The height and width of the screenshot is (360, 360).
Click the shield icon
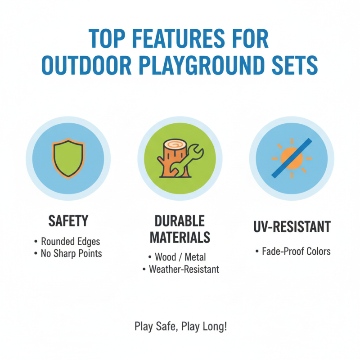click(x=68, y=159)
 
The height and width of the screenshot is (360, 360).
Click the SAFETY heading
click(x=68, y=221)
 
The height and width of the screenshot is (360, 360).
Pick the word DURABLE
click(x=180, y=221)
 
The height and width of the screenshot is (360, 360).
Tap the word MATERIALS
click(x=180, y=237)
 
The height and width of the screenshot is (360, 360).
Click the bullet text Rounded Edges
click(x=70, y=242)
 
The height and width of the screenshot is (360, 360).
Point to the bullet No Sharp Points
click(x=71, y=254)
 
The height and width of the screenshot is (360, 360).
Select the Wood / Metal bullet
click(x=180, y=257)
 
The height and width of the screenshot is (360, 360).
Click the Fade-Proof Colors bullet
click(x=296, y=251)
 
